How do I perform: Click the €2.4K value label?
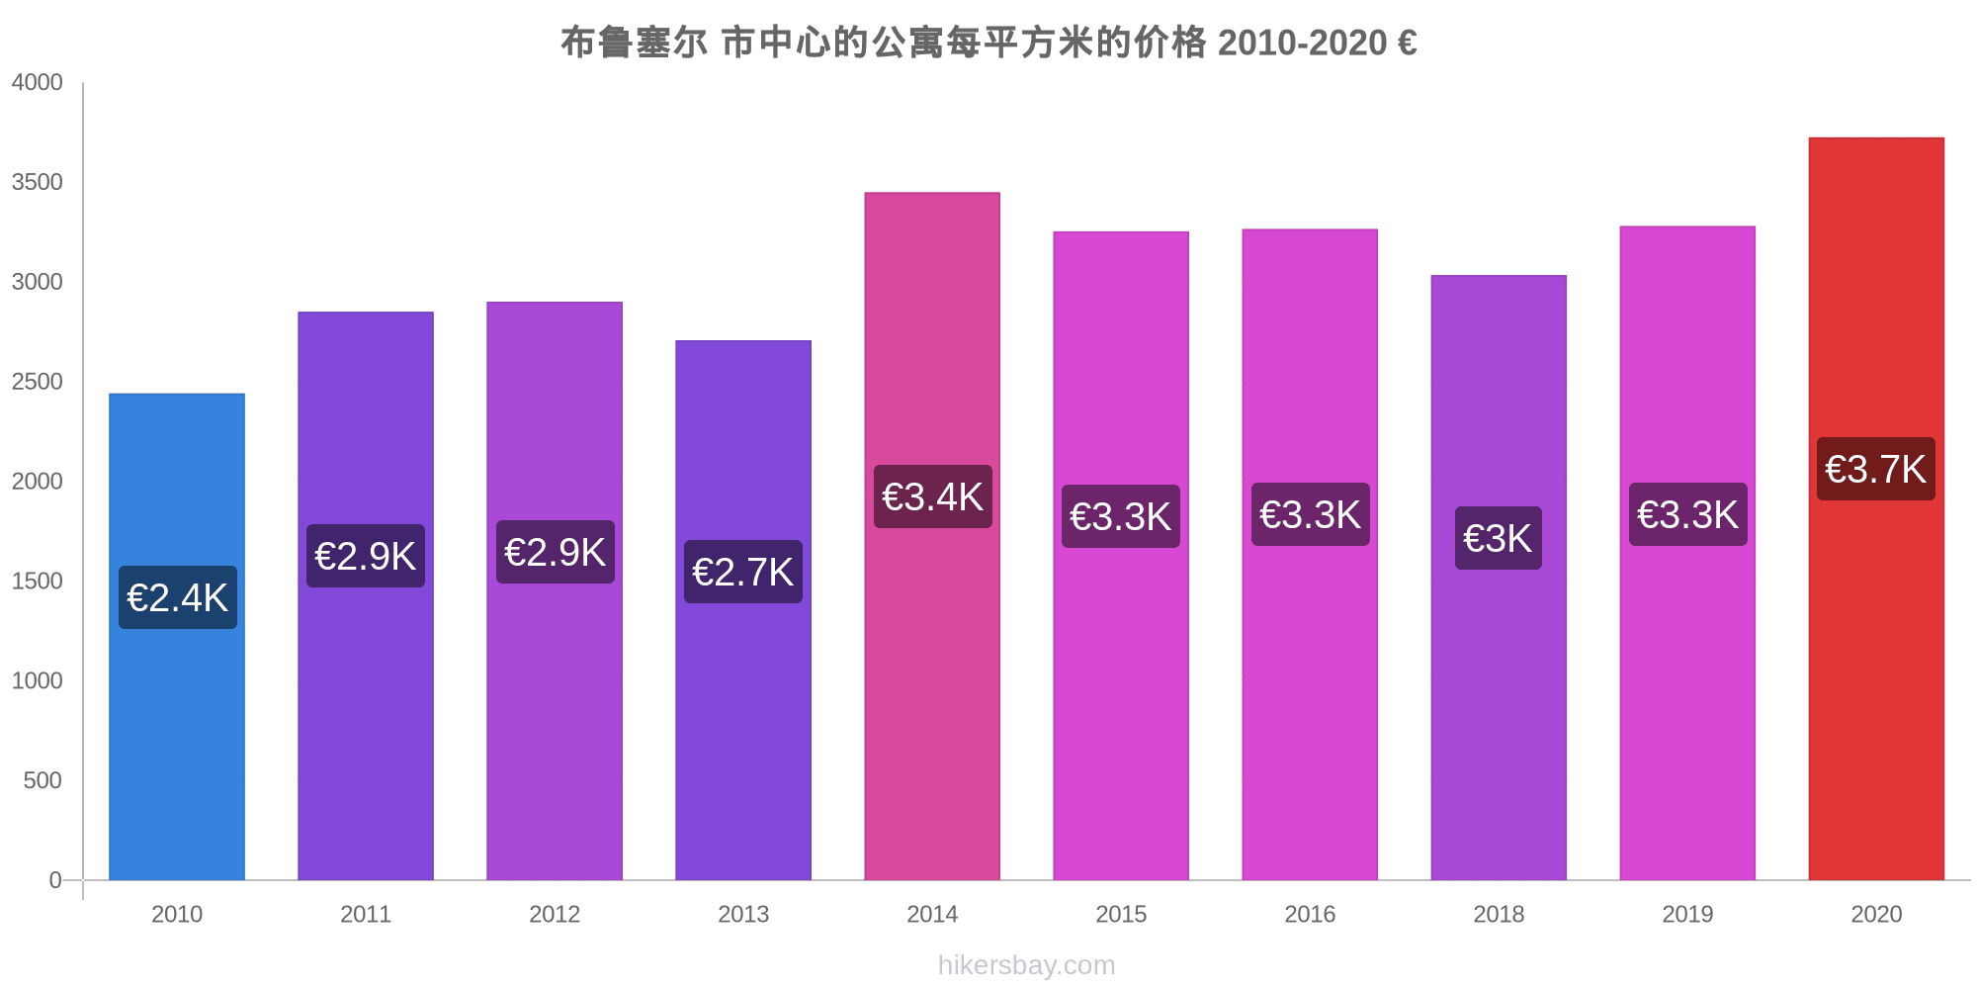tap(178, 597)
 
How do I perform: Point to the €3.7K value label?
tap(1875, 469)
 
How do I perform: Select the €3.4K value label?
tap(932, 496)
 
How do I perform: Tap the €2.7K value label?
tap(743, 572)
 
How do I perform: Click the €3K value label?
tap(1498, 538)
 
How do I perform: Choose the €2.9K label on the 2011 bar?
tap(366, 556)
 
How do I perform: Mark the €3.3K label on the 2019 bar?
tap(1687, 514)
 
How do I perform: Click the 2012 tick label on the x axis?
tap(555, 914)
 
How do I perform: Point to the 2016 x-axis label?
tap(1310, 914)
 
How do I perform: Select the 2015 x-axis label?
tap(1121, 914)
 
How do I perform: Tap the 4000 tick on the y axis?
tap(38, 82)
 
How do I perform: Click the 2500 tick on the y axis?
tap(38, 382)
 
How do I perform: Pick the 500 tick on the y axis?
tap(43, 780)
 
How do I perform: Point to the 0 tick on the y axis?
tap(55, 880)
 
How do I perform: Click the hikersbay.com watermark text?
tap(1026, 965)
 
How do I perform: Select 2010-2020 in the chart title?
tap(1302, 43)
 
